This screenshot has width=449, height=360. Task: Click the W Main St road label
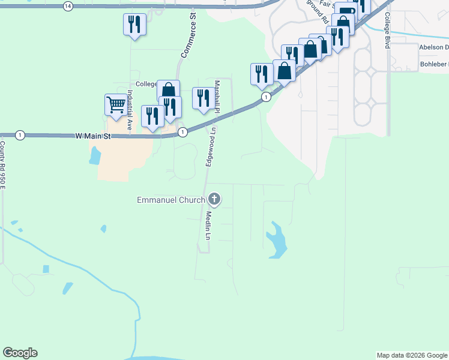(x=94, y=136)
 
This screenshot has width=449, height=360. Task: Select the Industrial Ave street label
(x=129, y=110)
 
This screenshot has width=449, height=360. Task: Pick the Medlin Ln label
(x=209, y=225)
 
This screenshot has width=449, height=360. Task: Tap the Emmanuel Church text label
(x=171, y=200)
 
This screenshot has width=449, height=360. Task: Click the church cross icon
(x=214, y=200)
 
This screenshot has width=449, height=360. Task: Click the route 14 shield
(x=67, y=5)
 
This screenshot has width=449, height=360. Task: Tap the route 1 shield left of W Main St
(x=20, y=135)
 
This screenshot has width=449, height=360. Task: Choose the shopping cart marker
(x=115, y=104)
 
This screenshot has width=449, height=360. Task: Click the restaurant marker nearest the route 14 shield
(x=134, y=25)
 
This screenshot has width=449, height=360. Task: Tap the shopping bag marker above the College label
(x=169, y=90)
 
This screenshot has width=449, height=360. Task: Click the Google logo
(x=20, y=353)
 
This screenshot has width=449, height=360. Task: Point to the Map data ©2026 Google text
(x=412, y=355)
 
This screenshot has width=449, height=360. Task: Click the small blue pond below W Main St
(x=94, y=156)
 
